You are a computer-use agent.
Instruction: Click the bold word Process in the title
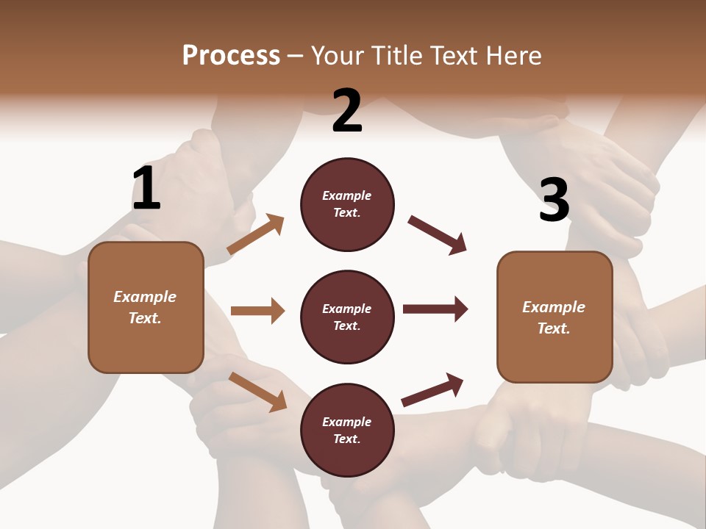tap(231, 56)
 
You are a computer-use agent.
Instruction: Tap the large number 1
tap(146, 189)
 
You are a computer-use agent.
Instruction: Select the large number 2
tap(347, 111)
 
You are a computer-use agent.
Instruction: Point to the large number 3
tap(554, 200)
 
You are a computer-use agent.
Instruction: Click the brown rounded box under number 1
tap(146, 307)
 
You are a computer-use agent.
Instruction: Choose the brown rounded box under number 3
tap(555, 317)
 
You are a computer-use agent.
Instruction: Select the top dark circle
tap(347, 204)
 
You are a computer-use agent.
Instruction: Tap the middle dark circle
tap(347, 317)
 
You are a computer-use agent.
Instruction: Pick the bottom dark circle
tap(347, 430)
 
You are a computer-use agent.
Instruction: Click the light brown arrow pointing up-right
tap(255, 234)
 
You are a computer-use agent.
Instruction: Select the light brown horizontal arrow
tap(257, 311)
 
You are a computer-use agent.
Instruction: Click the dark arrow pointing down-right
tap(437, 235)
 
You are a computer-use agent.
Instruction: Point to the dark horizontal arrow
tap(435, 309)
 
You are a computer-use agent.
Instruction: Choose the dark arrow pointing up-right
tap(432, 389)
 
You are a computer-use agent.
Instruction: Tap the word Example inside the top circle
tap(347, 196)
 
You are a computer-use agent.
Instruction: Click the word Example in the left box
tap(145, 297)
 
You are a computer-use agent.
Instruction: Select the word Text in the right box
tap(552, 328)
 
